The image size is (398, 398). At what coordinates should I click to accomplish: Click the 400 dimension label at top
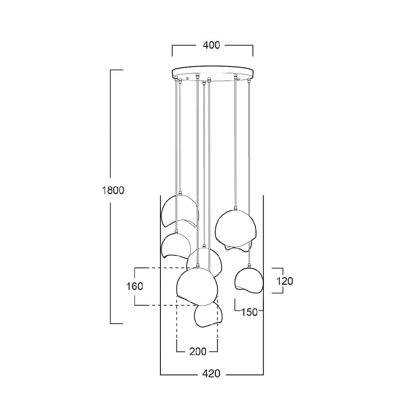coord(211,45)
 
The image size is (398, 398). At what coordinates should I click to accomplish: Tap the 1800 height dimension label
coord(113,190)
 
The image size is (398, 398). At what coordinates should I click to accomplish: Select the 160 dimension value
coord(135,286)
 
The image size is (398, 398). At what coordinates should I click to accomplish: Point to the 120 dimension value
coord(285,281)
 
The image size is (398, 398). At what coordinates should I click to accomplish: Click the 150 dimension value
coord(249,312)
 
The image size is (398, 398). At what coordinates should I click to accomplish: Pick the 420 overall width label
coord(211,374)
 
